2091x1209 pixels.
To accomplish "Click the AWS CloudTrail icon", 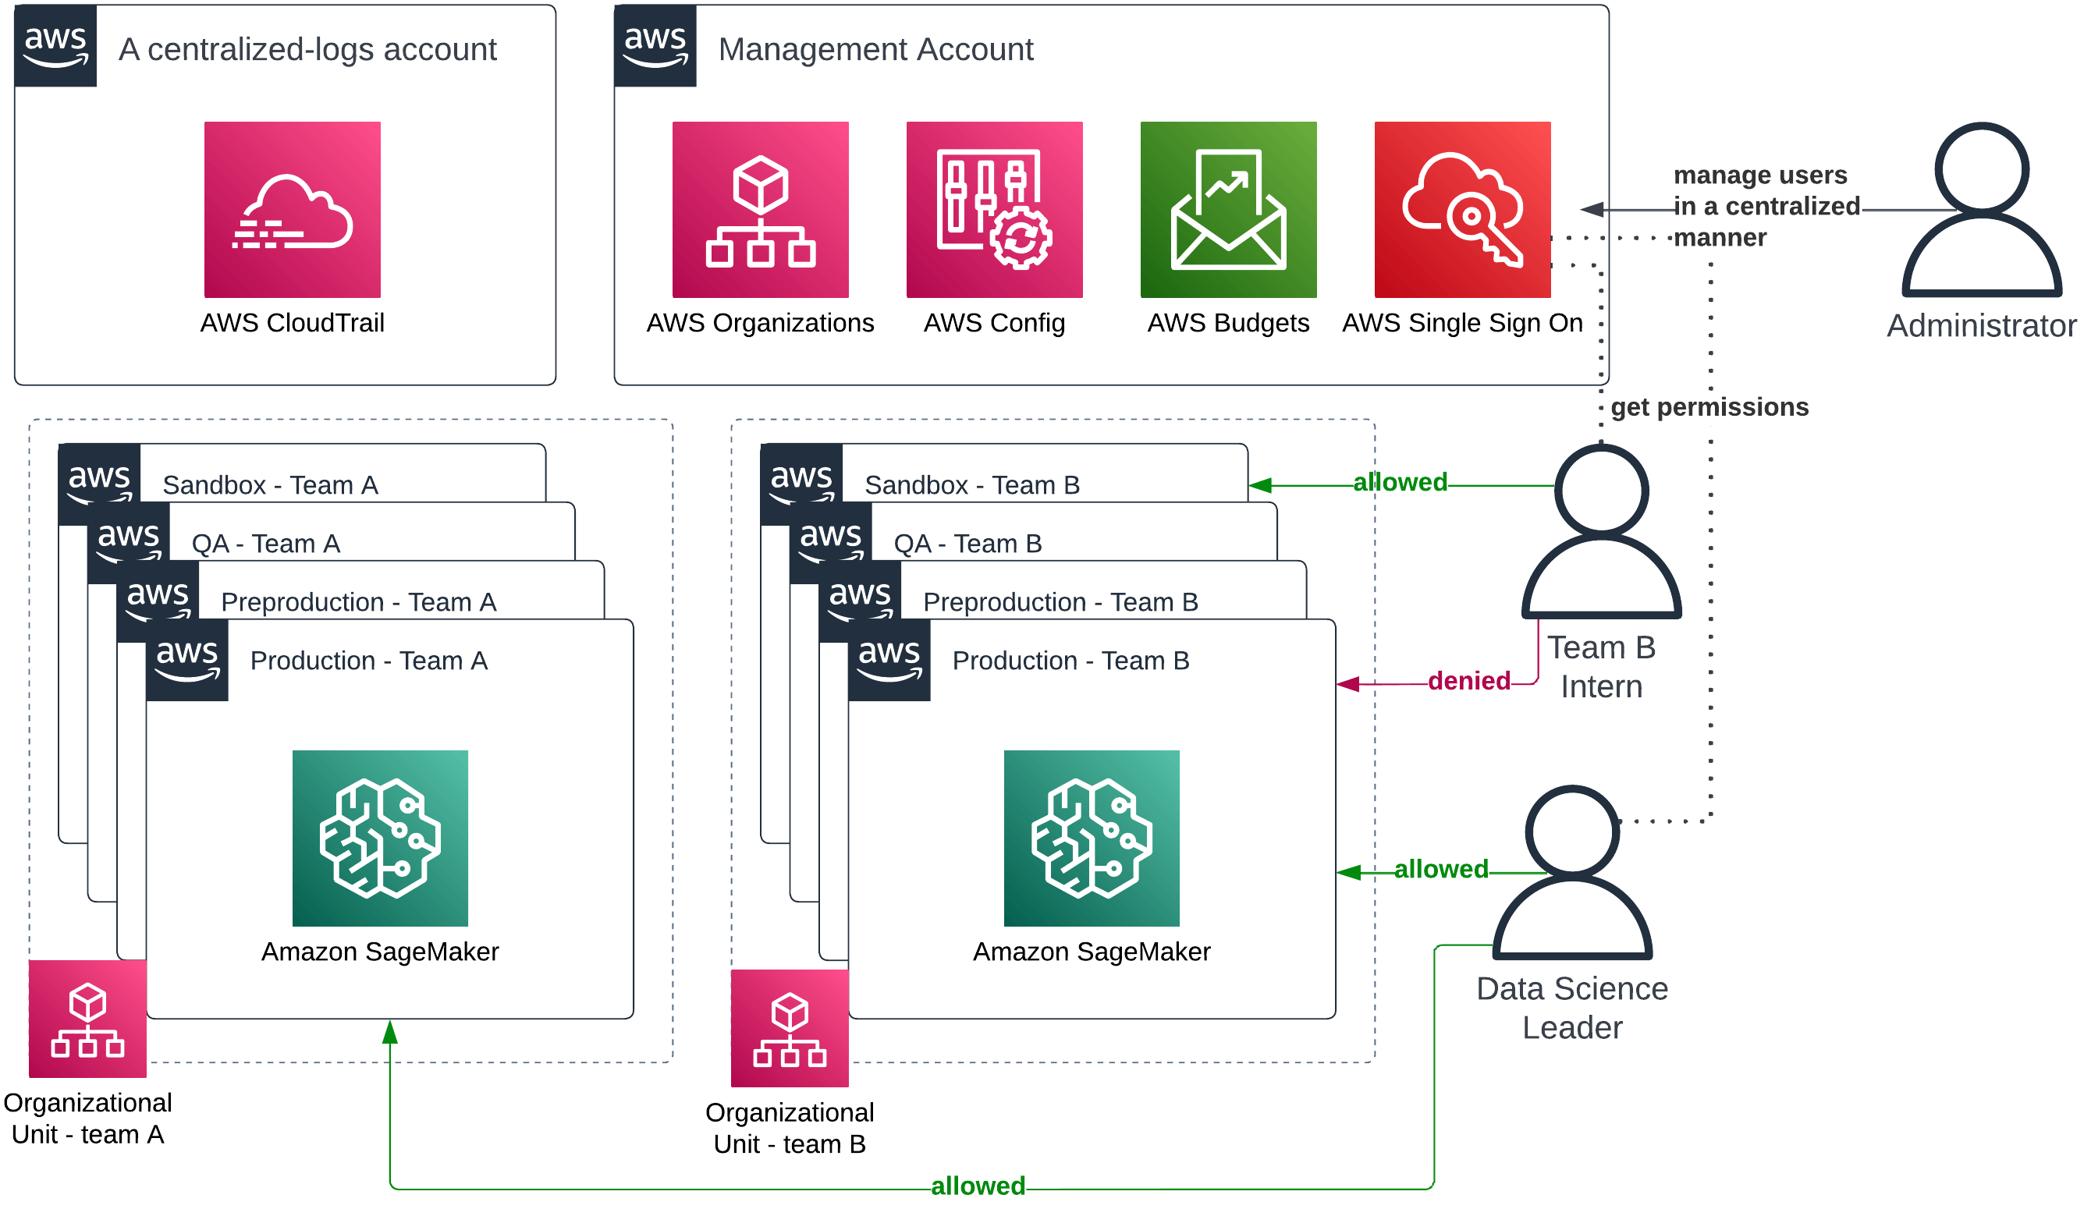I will pyautogui.click(x=292, y=210).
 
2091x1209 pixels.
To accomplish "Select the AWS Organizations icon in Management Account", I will pyautogui.click(x=760, y=210).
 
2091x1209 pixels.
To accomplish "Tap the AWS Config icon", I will pyautogui.click(x=994, y=210).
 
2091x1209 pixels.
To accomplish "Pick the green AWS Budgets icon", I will pyautogui.click(x=1228, y=210).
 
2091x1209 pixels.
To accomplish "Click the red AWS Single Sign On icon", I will pyautogui.click(x=1462, y=210).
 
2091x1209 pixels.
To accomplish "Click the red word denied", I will pyautogui.click(x=1468, y=681).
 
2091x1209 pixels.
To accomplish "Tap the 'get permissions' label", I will pyautogui.click(x=1709, y=407).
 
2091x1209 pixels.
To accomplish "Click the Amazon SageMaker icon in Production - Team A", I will pyautogui.click(x=380, y=838).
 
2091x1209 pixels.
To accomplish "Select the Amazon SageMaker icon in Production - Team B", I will pyautogui.click(x=1091, y=838).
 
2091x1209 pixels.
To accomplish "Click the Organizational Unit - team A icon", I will pyautogui.click(x=88, y=1019).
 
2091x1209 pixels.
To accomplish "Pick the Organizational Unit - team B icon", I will pyautogui.click(x=789, y=1028).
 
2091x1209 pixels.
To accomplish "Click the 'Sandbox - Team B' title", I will pyautogui.click(x=971, y=485).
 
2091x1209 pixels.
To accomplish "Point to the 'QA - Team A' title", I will pyautogui.click(x=265, y=544).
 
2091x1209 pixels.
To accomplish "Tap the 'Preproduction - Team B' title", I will pyautogui.click(x=1060, y=602).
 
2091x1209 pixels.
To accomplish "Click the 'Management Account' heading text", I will pyautogui.click(x=875, y=50).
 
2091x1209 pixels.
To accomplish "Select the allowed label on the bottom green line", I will pyautogui.click(x=978, y=1186).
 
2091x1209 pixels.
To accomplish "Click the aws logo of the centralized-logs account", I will pyautogui.click(x=55, y=46).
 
